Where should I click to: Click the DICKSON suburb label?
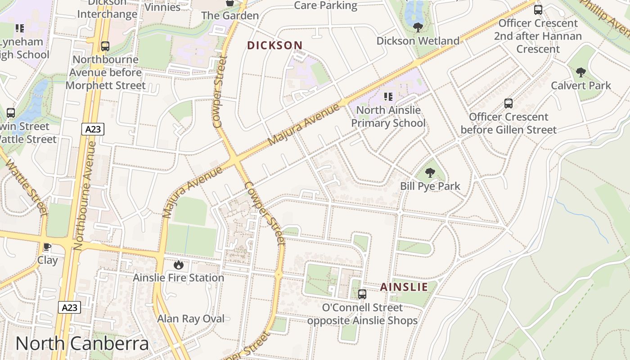point(274,45)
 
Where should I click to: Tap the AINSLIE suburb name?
point(404,287)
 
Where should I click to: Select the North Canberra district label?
point(82,343)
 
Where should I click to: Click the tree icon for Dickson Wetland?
point(418,27)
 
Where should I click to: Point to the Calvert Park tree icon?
point(581,72)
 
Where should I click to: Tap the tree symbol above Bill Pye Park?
point(430,172)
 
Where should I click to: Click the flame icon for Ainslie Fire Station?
point(179,265)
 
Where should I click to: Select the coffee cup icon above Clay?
point(47,247)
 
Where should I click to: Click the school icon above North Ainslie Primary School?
point(388,96)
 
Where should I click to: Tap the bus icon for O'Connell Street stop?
point(362,294)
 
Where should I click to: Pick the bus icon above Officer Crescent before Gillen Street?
point(508,103)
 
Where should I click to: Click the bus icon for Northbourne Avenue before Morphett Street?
point(105,46)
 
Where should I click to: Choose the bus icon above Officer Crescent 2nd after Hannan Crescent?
point(538,9)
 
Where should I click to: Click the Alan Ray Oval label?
point(190,319)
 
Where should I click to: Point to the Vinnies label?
point(162,7)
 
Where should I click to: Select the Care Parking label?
point(325,5)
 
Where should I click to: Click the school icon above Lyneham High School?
point(19,29)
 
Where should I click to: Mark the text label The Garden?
point(229,16)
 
